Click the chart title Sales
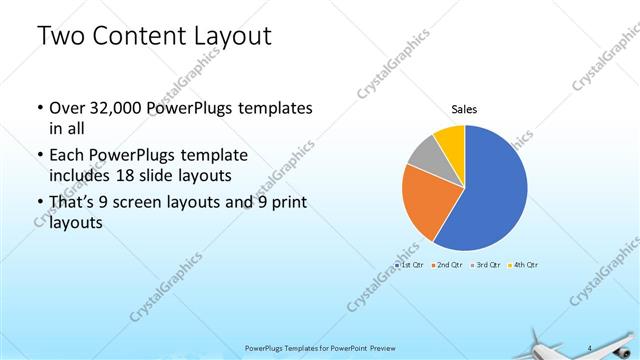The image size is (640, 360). coord(464,108)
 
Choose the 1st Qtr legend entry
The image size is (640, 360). coord(410,265)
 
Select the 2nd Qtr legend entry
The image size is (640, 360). coord(447,265)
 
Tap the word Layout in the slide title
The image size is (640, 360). coord(234,37)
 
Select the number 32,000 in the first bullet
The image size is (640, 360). coord(119,108)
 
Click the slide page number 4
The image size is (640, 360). coord(590,347)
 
